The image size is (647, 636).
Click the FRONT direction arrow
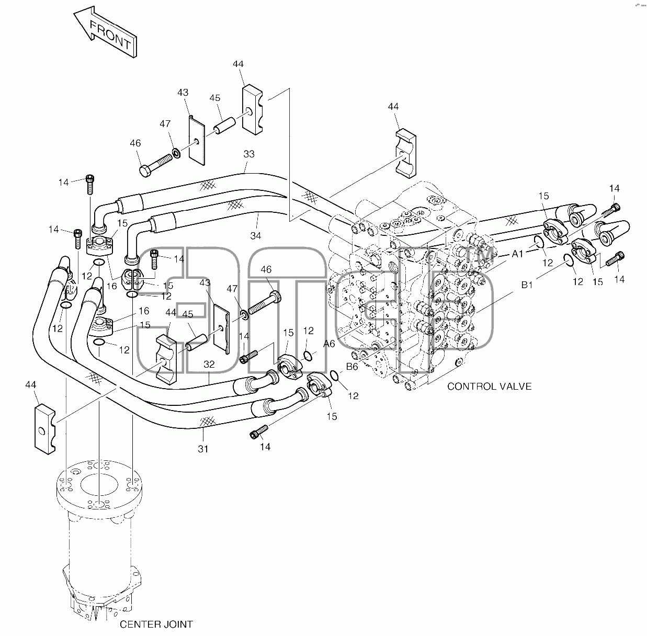click(x=106, y=32)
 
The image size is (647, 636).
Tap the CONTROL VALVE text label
click(x=489, y=387)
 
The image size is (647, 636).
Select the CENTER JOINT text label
click(x=156, y=624)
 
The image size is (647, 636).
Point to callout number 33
click(x=249, y=154)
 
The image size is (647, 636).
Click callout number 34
click(x=256, y=236)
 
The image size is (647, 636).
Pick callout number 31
click(x=203, y=449)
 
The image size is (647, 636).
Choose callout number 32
click(x=209, y=365)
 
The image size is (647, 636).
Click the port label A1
click(x=517, y=254)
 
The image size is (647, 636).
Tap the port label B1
click(x=527, y=285)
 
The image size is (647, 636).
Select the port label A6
click(x=329, y=344)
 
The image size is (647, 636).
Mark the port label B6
click(x=352, y=367)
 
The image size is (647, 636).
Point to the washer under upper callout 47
click(x=176, y=153)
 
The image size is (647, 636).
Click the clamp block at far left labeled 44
click(x=45, y=430)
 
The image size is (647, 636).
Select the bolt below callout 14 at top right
click(x=610, y=210)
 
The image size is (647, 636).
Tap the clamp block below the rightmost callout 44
click(x=406, y=153)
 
